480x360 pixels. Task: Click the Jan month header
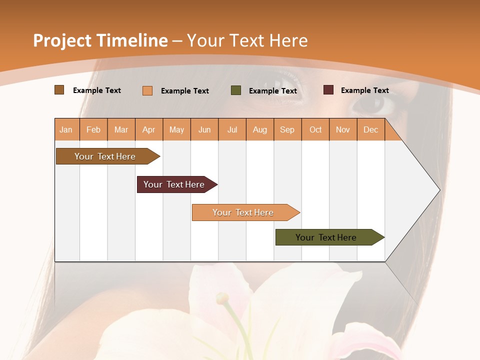pos(66,129)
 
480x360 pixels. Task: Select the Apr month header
pos(149,129)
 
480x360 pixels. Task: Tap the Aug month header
pos(260,129)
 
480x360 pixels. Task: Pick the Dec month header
pos(371,129)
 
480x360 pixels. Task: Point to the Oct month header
pos(315,129)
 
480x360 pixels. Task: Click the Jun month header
pos(204,129)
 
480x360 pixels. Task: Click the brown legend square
pos(59,90)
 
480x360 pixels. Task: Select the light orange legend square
pos(147,90)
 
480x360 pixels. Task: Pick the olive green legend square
pos(236,90)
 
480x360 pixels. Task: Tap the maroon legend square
pos(328,90)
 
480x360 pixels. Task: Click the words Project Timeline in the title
pos(100,40)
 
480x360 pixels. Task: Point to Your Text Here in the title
pos(247,40)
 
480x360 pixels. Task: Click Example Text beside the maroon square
pos(365,90)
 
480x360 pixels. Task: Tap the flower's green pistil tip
pos(221,299)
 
